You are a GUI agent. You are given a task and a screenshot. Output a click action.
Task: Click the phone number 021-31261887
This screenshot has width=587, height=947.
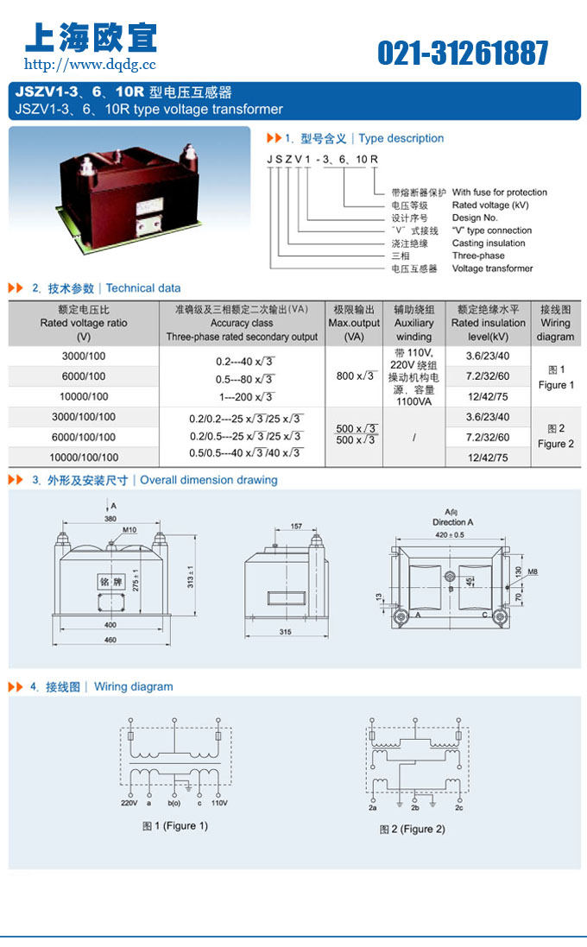pos(462,54)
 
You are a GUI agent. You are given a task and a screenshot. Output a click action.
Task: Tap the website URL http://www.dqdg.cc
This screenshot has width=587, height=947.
pos(90,64)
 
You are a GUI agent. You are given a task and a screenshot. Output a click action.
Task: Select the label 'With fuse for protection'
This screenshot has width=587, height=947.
pos(499,193)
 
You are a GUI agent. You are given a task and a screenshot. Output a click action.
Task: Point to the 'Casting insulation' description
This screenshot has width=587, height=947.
pos(488,243)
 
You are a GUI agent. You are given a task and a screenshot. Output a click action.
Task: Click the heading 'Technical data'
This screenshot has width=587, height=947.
pos(143,288)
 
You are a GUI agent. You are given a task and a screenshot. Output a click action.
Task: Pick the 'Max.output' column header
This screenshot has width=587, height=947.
pos(354,324)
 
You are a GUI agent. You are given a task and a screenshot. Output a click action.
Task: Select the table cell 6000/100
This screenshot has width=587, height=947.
pos(84,376)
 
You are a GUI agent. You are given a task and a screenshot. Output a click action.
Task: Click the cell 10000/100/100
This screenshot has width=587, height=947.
pos(84,457)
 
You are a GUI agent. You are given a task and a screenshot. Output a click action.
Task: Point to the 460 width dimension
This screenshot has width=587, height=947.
pos(110,640)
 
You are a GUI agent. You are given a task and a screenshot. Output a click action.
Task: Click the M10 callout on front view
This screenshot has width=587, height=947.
pos(129,529)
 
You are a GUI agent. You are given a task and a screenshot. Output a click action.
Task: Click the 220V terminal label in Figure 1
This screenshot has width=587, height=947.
pos(129,803)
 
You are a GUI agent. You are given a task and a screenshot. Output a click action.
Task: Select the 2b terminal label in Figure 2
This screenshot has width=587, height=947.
pos(414,807)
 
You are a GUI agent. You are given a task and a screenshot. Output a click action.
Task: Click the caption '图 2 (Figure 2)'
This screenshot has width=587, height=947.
pos(412,829)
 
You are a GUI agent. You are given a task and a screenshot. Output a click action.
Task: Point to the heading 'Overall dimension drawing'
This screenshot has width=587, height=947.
pos(209,480)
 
